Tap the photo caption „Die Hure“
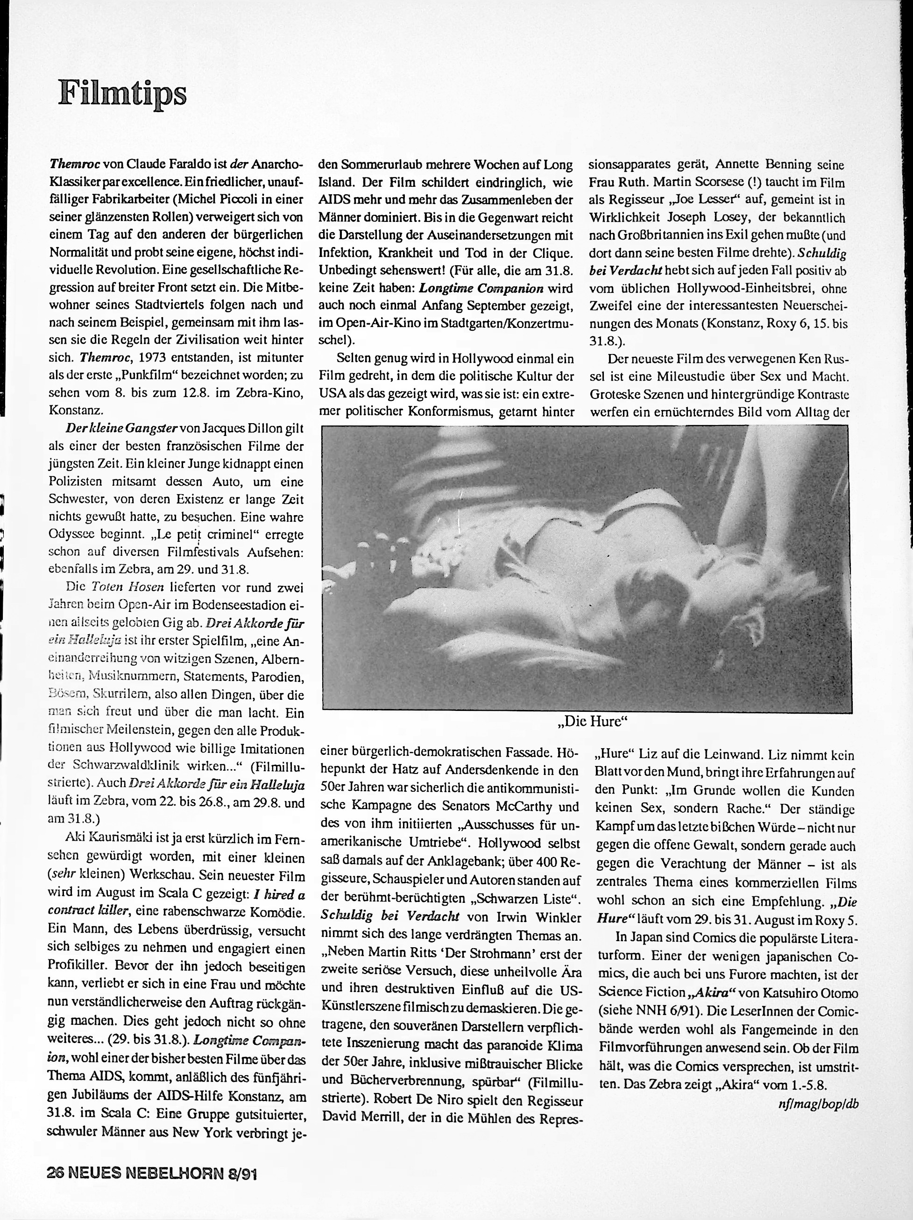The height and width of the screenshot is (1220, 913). [593, 722]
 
